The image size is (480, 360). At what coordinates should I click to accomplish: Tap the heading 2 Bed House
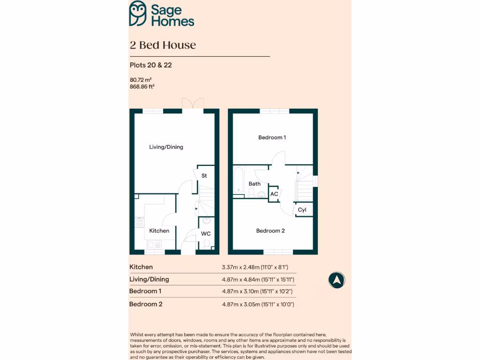163,45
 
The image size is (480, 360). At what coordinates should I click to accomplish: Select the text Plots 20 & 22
150,65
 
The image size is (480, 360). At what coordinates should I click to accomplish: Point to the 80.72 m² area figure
141,80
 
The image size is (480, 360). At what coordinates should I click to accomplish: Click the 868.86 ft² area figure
142,87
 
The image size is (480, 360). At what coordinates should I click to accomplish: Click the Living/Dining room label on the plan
166,147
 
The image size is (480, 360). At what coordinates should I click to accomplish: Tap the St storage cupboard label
204,176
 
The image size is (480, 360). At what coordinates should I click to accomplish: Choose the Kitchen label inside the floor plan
159,231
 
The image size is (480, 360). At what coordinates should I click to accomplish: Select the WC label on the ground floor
206,233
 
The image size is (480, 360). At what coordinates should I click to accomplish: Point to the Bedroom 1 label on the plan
272,137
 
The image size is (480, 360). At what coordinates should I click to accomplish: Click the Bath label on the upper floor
255,184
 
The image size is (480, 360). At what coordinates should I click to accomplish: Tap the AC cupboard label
274,194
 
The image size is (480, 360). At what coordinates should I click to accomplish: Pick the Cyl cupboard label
302,210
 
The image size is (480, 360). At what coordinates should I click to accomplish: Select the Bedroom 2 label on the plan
270,231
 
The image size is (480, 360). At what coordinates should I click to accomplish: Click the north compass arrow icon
337,280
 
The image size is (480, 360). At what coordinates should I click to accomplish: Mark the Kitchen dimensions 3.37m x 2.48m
255,267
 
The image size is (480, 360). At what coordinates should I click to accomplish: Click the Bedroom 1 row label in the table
145,291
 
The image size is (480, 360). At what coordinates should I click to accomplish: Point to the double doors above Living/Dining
192,104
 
